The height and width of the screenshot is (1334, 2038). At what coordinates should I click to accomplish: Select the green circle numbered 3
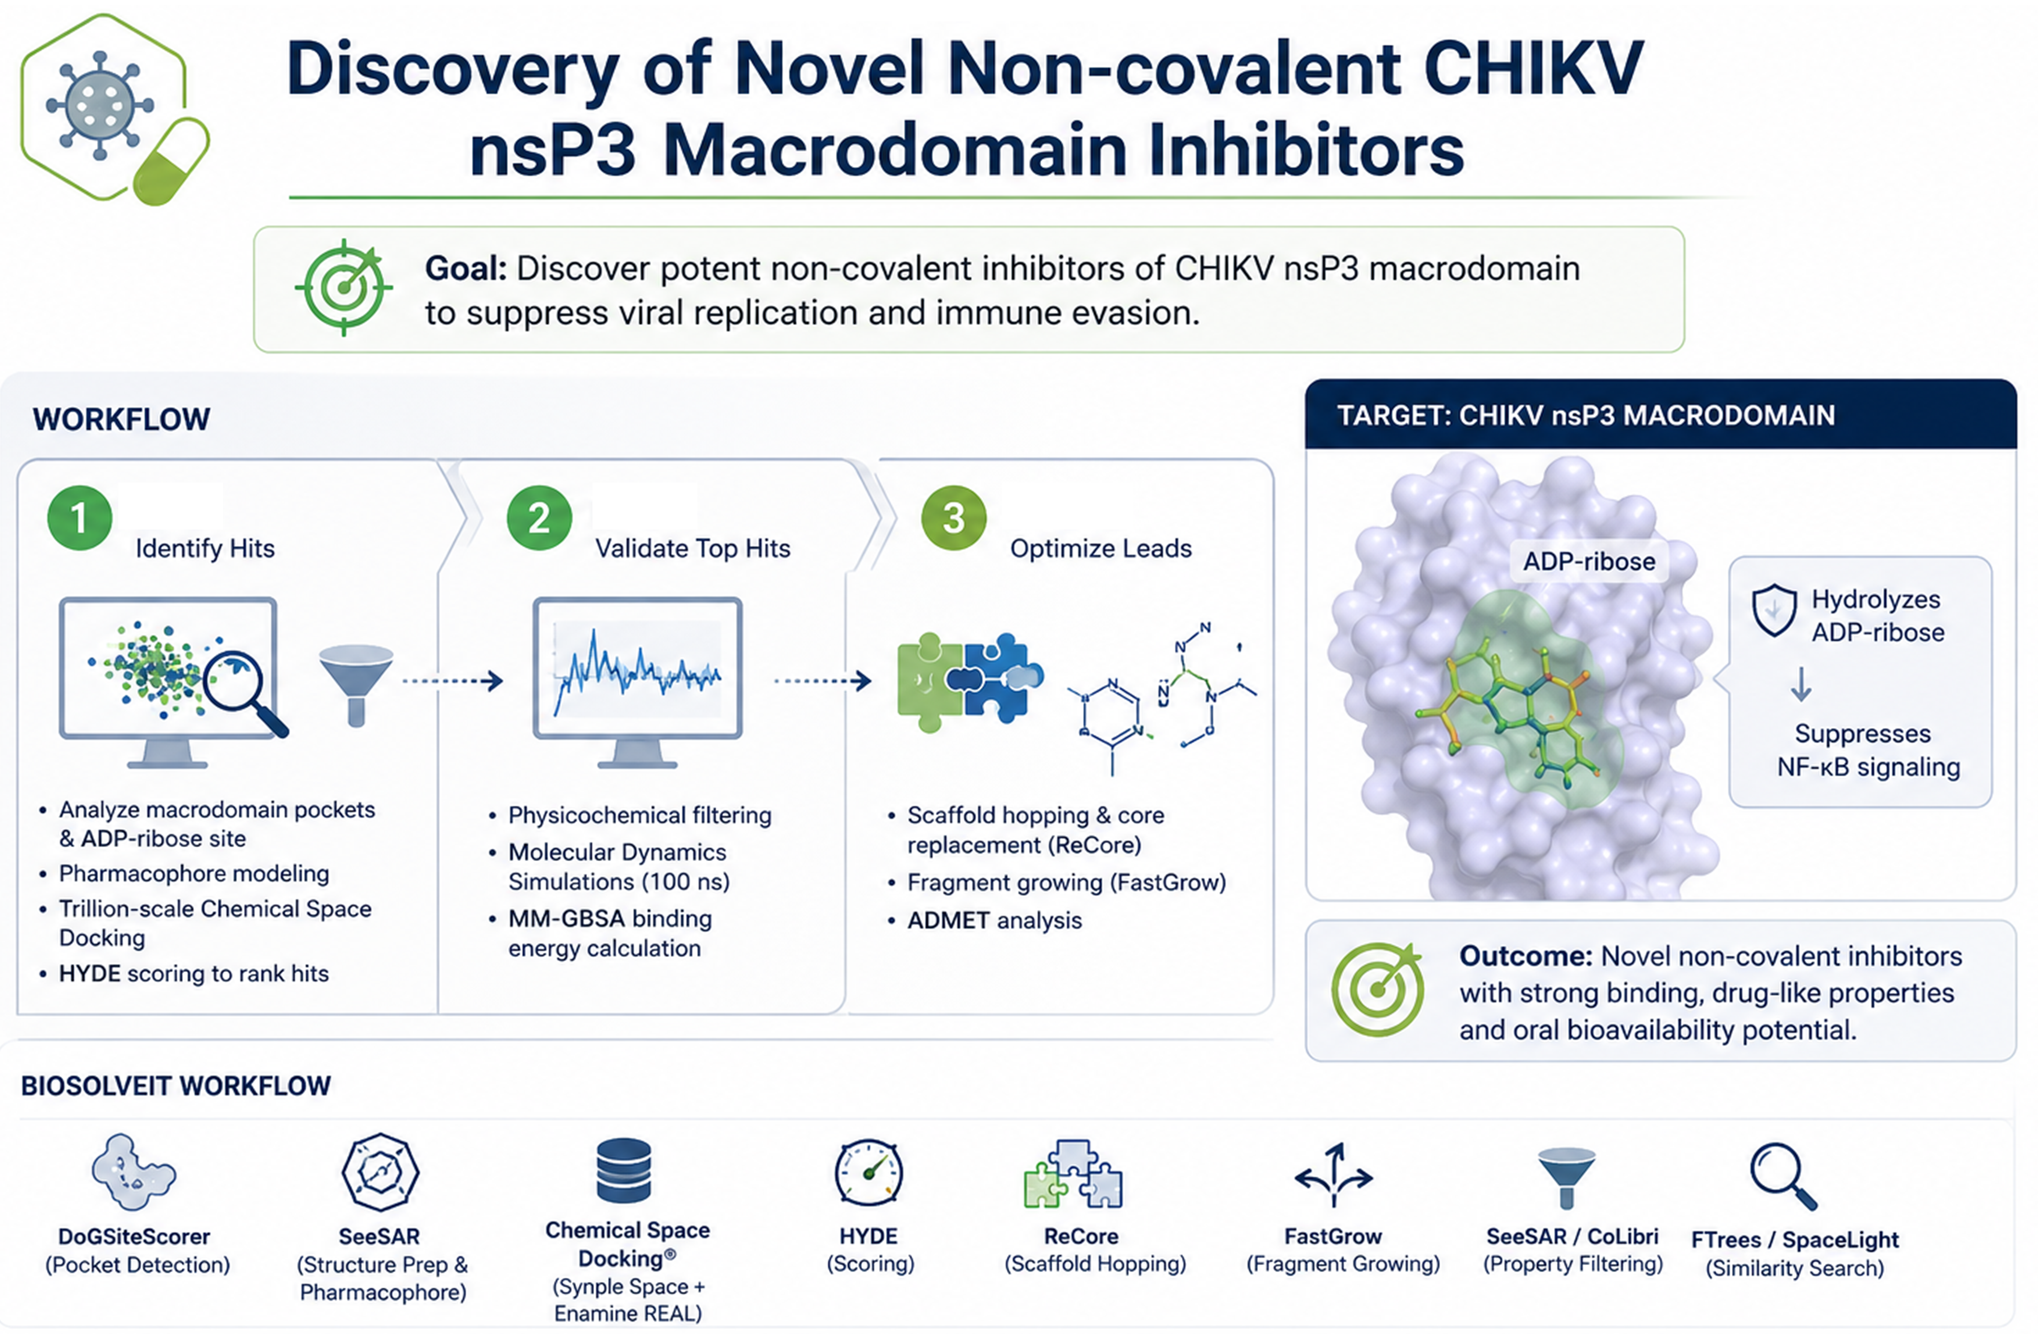(954, 518)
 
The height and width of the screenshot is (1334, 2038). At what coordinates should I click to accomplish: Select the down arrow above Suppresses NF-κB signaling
(1801, 684)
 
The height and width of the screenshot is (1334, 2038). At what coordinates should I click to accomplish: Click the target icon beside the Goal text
(343, 288)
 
